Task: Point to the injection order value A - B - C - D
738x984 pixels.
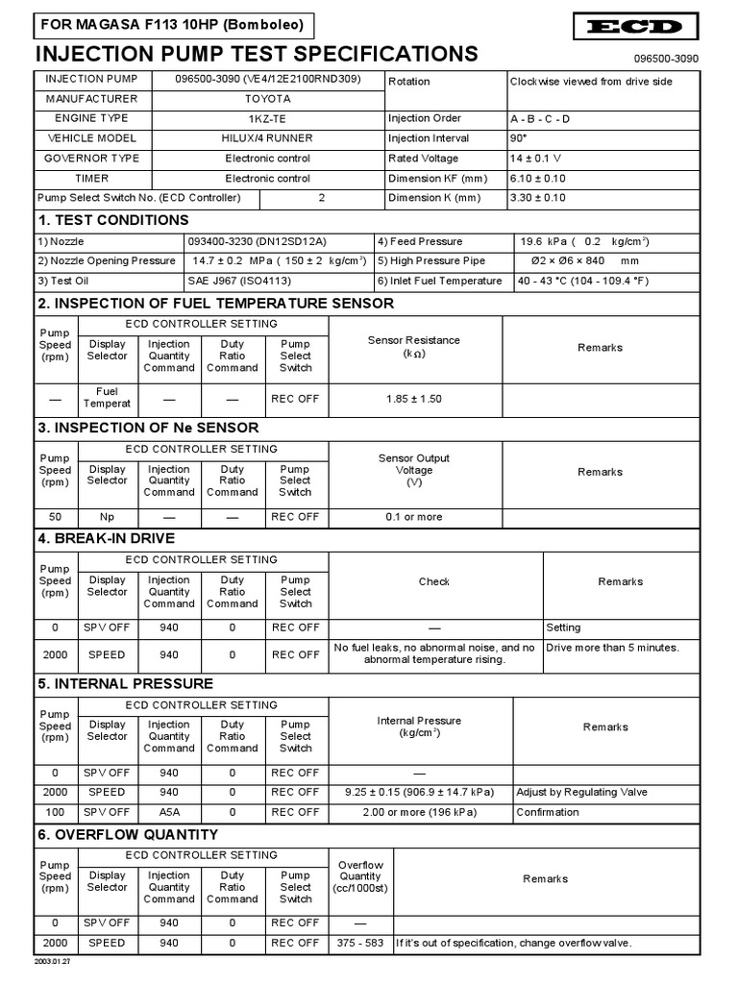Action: pos(542,119)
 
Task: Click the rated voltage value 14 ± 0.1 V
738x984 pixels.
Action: pos(536,159)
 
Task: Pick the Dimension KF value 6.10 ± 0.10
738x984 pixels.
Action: pos(537,179)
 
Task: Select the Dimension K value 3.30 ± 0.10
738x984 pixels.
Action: pos(537,198)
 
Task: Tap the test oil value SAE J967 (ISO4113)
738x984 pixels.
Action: pos(239,282)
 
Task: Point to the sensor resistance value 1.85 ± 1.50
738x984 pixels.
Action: pos(414,399)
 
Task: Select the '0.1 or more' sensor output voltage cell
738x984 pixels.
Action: pos(414,517)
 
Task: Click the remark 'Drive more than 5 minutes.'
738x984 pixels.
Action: pos(612,648)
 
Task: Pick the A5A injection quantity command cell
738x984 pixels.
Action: pos(169,812)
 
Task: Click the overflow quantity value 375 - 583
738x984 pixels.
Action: pos(360,944)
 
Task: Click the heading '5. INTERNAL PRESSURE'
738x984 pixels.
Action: pos(125,684)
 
